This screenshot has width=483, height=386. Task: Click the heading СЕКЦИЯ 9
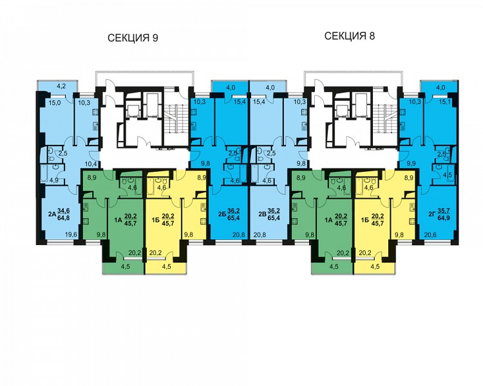pos(133,38)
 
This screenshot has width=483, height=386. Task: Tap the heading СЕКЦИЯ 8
pos(350,36)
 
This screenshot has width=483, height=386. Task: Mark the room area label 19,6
pos(71,235)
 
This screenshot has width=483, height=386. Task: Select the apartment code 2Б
pos(222,215)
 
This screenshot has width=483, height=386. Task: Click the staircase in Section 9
pos(175,118)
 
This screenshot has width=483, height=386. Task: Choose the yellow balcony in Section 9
pos(166,267)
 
